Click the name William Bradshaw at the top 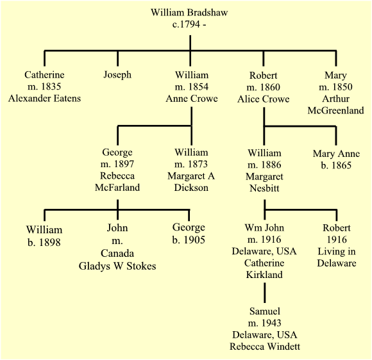(189, 13)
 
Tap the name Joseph (117, 75)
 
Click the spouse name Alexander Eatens (44, 99)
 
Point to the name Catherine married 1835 (44, 75)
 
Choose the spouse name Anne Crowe (192, 99)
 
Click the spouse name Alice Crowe (264, 99)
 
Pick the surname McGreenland (335, 110)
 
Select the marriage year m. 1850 (335, 87)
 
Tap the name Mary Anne (337, 154)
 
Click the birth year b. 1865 (336, 165)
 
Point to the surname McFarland (117, 188)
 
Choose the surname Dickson (191, 188)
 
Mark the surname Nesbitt (264, 188)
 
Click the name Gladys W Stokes (117, 266)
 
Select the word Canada (117, 254)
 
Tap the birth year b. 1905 (189, 240)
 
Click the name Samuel (265, 311)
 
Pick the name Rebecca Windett (265, 347)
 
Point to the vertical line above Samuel (265, 293)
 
